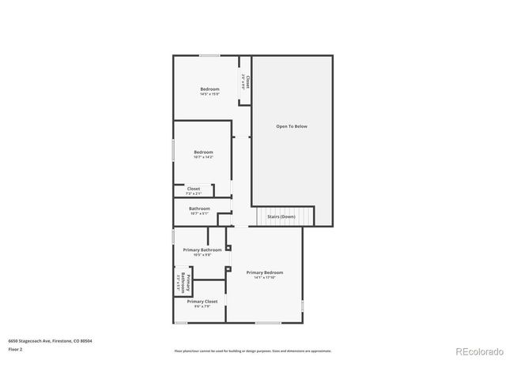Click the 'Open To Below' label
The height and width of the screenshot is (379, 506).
(291, 126)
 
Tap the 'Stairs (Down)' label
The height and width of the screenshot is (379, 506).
(281, 216)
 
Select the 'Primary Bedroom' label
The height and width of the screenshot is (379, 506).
(263, 272)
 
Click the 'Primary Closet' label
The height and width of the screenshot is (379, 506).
(202, 301)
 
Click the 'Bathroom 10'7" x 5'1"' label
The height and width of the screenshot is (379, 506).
(199, 211)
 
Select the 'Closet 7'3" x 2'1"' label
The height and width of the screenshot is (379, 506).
(194, 190)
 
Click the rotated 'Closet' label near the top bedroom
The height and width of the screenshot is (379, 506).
(247, 82)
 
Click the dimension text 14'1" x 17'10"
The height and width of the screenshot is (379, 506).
(263, 277)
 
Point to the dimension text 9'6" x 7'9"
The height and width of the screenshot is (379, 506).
(202, 306)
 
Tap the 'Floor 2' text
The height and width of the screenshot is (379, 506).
(15, 349)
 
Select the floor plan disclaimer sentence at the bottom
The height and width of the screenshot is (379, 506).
(252, 351)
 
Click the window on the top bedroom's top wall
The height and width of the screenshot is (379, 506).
(210, 55)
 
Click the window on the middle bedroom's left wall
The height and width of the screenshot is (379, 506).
(174, 151)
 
